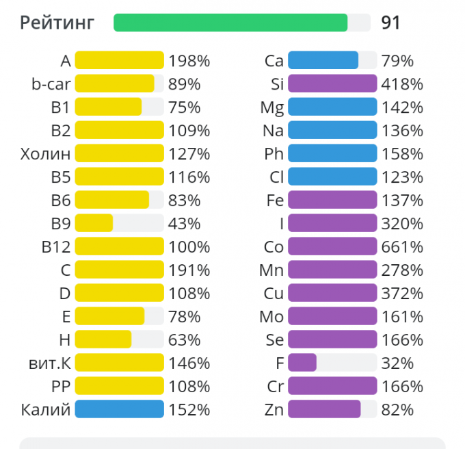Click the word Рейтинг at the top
pyautogui.click(x=57, y=23)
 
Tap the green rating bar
pyautogui.click(x=230, y=23)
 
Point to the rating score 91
pyautogui.click(x=390, y=23)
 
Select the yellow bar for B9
pyautogui.click(x=94, y=223)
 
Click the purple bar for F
pyautogui.click(x=302, y=363)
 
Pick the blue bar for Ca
pyautogui.click(x=323, y=60)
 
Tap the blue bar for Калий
pyautogui.click(x=120, y=409)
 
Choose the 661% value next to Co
pyautogui.click(x=402, y=246)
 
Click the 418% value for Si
pyautogui.click(x=402, y=84)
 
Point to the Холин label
pyautogui.click(x=46, y=153)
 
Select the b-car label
pyautogui.click(x=51, y=84)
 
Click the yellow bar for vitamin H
pyautogui.click(x=103, y=339)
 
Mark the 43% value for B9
pyautogui.click(x=185, y=223)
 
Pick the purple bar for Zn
pyautogui.click(x=324, y=409)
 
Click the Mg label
pyautogui.click(x=272, y=107)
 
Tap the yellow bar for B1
pyautogui.click(x=108, y=107)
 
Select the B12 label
pyautogui.click(x=56, y=246)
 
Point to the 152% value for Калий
pyautogui.click(x=189, y=409)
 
